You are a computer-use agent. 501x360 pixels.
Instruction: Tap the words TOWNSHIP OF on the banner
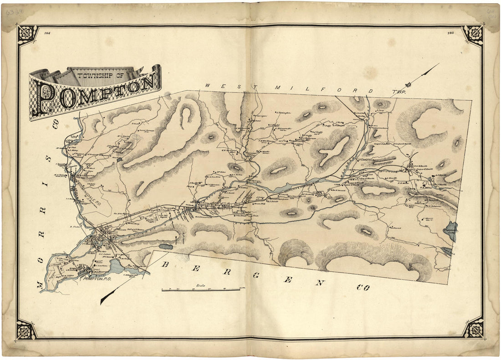(x=102, y=76)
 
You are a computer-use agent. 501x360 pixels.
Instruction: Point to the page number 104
(x=47, y=33)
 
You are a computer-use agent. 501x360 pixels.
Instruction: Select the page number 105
(x=450, y=33)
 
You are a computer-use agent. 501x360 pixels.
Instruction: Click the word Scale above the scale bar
(x=200, y=286)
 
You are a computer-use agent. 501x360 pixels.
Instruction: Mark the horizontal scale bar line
(x=200, y=289)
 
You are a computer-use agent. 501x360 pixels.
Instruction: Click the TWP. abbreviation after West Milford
(x=398, y=92)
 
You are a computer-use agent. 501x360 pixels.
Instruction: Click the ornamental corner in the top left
(x=28, y=35)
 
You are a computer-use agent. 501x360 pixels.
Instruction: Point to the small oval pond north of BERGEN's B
(x=166, y=247)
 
